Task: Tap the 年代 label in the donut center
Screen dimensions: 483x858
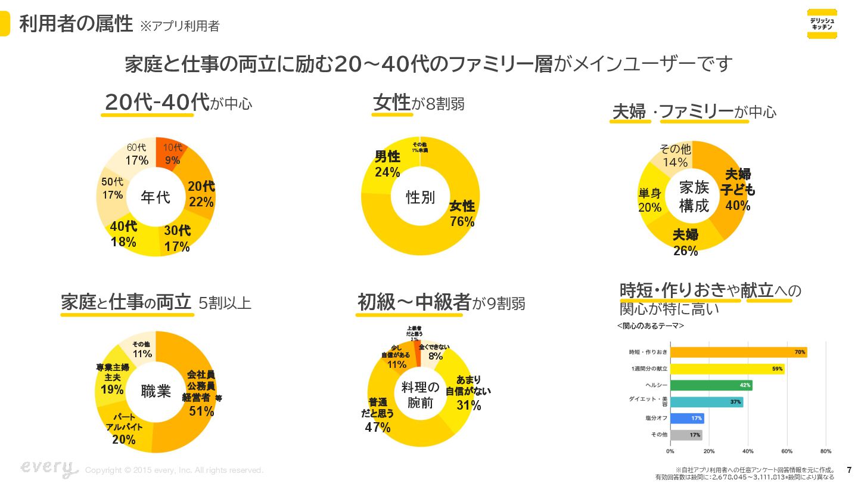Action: [x=156, y=197]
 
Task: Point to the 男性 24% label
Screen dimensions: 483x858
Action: [x=387, y=164]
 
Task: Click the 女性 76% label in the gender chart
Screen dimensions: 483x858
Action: [x=462, y=213]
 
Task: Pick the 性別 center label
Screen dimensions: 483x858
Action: [x=420, y=197]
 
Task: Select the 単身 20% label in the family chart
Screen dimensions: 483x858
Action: [x=650, y=200]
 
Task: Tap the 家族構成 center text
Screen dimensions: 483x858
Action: [x=694, y=197]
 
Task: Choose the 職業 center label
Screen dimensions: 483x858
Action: [x=156, y=392]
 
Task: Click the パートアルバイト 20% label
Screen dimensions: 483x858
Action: [x=124, y=428]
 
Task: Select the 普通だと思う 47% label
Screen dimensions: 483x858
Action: [x=377, y=415]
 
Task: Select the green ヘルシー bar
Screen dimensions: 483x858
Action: [x=710, y=385]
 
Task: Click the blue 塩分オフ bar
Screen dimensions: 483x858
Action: [x=686, y=418]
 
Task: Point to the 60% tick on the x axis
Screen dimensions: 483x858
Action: [x=786, y=451]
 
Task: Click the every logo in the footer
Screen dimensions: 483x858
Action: [x=49, y=468]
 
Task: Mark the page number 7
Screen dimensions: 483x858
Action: [x=849, y=469]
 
